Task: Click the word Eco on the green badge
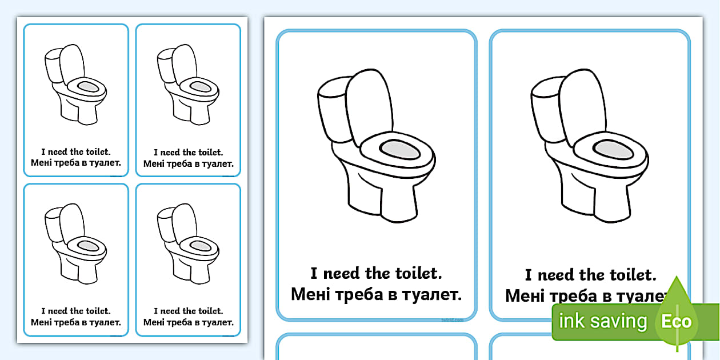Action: [x=677, y=321]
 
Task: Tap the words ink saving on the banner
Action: [x=603, y=321]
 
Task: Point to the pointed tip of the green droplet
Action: [x=677, y=277]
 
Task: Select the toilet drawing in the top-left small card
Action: [x=76, y=84]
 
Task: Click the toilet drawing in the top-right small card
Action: [x=189, y=84]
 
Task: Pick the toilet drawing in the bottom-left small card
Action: [x=76, y=243]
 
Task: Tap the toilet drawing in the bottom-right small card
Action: [x=189, y=243]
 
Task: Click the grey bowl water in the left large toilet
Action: [x=400, y=150]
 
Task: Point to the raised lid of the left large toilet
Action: [x=370, y=107]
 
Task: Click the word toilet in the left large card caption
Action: [x=418, y=274]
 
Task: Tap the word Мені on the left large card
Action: [x=310, y=294]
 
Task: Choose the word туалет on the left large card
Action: [x=432, y=295]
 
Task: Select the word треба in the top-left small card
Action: [x=66, y=163]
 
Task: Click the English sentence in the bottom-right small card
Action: [x=189, y=311]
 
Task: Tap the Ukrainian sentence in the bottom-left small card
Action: [x=76, y=322]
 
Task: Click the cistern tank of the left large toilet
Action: [x=334, y=109]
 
